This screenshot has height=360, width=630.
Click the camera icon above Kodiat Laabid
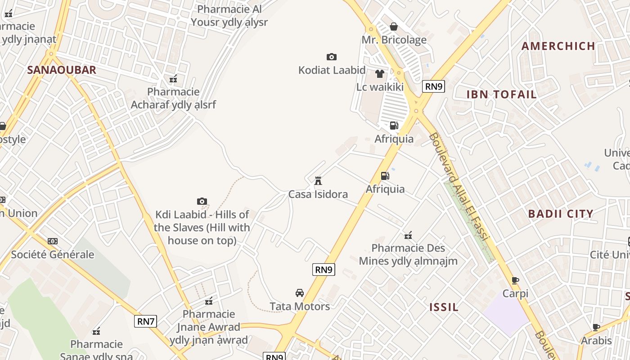tap(332, 57)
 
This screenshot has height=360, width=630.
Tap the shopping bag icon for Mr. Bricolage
tap(394, 27)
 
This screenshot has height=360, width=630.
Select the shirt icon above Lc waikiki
tap(380, 73)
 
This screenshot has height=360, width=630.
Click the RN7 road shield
tap(145, 321)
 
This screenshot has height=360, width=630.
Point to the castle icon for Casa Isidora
tap(318, 181)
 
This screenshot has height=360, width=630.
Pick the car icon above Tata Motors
tap(300, 293)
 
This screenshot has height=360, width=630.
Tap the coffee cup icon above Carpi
tap(515, 280)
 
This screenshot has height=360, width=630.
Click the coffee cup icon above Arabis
tap(596, 327)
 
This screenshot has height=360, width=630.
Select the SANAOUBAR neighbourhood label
tap(62, 70)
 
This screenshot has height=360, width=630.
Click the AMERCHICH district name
tap(558, 46)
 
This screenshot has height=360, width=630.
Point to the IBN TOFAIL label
tap(501, 94)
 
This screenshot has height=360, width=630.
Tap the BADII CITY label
tap(561, 214)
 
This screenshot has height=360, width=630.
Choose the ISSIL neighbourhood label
tap(444, 307)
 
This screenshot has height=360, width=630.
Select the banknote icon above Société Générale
tap(53, 241)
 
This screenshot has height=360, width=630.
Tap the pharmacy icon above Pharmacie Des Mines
tap(408, 235)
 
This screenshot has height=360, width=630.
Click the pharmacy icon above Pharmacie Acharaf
tap(173, 79)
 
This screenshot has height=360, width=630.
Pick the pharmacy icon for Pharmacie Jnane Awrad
tap(209, 301)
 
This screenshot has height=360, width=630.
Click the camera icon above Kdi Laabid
tap(202, 201)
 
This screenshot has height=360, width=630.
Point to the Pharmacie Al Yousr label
tap(229, 15)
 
